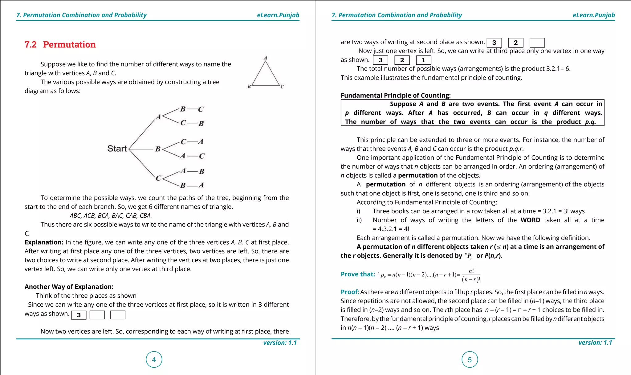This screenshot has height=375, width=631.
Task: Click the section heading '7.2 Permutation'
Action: click(x=60, y=45)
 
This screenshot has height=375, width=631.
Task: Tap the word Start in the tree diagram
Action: click(x=117, y=149)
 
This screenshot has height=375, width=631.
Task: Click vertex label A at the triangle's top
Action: click(x=265, y=58)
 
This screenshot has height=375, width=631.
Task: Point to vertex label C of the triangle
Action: click(x=282, y=87)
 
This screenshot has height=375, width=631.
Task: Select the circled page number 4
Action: click(x=154, y=360)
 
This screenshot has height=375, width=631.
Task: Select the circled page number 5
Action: click(x=470, y=360)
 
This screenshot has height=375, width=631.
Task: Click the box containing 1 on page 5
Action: click(x=423, y=60)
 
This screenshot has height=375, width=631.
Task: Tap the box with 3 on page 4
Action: click(x=79, y=315)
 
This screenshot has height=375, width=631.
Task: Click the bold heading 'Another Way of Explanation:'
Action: click(x=69, y=287)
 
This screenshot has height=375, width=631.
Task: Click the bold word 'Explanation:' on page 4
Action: click(x=44, y=242)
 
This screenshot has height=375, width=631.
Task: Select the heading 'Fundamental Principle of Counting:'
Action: click(x=396, y=96)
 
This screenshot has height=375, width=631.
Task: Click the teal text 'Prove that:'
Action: click(x=358, y=274)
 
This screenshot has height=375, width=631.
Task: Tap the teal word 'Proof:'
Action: click(x=350, y=292)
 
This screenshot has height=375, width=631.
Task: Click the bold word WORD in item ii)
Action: click(x=530, y=220)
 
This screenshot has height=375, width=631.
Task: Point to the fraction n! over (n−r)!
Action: click(x=471, y=275)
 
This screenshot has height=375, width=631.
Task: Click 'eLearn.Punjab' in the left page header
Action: click(x=278, y=15)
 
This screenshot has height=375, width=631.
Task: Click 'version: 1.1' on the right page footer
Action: click(x=595, y=343)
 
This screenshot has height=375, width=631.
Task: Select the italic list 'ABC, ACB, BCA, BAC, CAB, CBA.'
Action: click(x=111, y=216)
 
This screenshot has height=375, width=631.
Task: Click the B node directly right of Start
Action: click(x=158, y=149)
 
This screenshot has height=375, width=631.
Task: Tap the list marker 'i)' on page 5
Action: click(x=359, y=211)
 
